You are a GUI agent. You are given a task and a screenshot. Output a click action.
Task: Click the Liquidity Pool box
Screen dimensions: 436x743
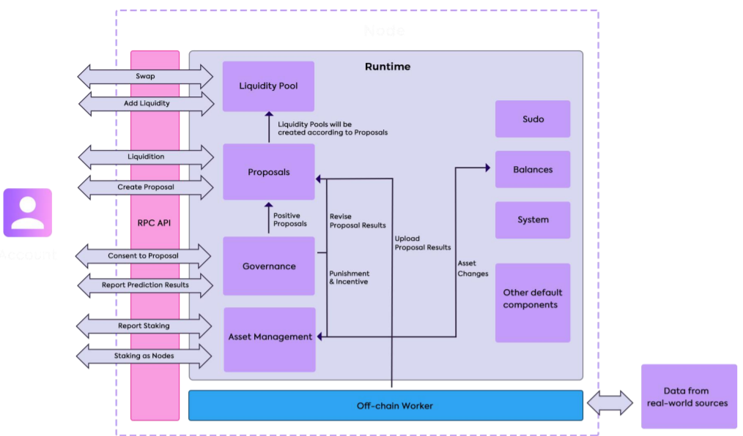(268, 86)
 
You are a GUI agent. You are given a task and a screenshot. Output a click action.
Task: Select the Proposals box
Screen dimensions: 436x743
(268, 172)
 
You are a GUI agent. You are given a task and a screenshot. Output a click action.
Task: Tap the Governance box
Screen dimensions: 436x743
(268, 266)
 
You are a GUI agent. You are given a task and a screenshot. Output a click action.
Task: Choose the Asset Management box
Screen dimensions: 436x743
(270, 337)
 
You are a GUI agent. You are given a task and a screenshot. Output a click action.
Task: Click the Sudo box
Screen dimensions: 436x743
(533, 119)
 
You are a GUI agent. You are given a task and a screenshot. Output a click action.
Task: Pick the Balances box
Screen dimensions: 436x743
(533, 170)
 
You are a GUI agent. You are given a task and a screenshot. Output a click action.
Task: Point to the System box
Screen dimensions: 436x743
(533, 220)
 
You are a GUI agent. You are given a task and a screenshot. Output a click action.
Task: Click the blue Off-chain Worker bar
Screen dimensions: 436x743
(385, 405)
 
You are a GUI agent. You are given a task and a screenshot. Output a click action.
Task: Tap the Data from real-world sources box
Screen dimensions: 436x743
(689, 396)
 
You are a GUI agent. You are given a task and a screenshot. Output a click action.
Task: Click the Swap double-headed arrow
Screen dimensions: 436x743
(145, 76)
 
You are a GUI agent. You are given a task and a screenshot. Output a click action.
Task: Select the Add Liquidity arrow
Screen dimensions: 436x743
(145, 103)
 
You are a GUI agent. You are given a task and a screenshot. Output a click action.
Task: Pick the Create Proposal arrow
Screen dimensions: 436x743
(145, 187)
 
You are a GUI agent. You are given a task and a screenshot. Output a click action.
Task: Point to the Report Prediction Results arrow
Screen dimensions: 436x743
(145, 285)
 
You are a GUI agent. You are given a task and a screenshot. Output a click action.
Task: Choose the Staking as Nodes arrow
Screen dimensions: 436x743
(145, 356)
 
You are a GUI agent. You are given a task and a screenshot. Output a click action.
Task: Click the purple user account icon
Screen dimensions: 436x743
(28, 213)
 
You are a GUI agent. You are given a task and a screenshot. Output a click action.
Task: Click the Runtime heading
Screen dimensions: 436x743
(388, 67)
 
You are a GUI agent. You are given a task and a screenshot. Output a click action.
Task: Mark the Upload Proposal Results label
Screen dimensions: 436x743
(422, 243)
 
